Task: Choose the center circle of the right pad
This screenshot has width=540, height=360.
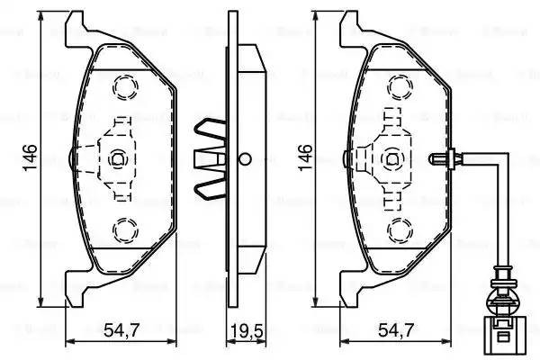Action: (392, 159)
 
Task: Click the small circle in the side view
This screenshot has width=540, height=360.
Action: (243, 159)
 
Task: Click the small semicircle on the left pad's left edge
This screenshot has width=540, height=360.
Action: (72, 159)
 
